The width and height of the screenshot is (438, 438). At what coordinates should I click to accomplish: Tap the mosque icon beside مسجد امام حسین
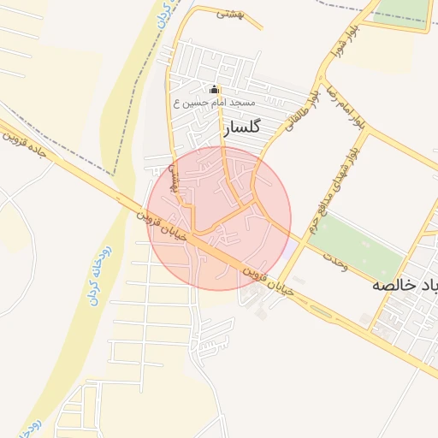coord(215,89)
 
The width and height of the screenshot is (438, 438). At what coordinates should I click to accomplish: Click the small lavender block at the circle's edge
coord(292,246)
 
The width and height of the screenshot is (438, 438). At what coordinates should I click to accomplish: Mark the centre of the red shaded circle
coord(219,218)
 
